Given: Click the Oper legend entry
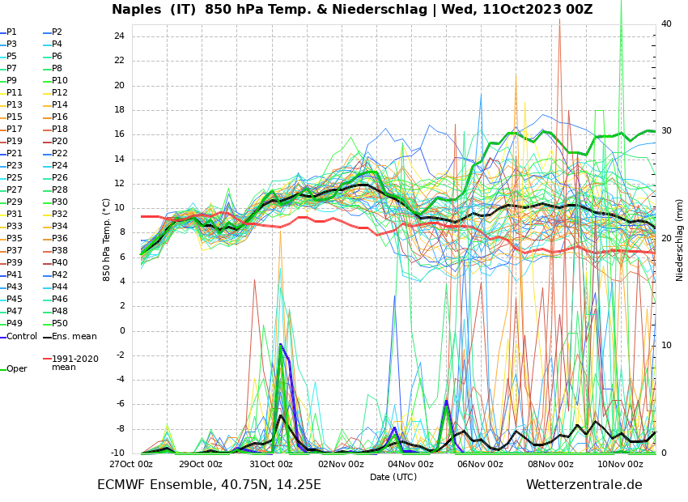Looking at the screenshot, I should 17,369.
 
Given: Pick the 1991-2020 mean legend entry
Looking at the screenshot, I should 75,363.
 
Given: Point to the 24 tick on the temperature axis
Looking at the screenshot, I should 119,36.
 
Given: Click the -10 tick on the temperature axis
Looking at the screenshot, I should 117,453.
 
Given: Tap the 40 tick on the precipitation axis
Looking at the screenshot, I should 666,24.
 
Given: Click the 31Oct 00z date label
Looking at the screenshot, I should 271,464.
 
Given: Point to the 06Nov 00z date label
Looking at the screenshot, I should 481,464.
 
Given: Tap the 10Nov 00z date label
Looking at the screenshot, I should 621,464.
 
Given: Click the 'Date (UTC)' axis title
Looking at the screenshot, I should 393,477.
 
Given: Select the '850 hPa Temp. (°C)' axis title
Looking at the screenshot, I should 107,240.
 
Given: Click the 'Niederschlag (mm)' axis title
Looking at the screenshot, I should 680,240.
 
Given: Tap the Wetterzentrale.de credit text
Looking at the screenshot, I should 584,485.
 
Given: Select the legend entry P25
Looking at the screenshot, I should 15,178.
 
